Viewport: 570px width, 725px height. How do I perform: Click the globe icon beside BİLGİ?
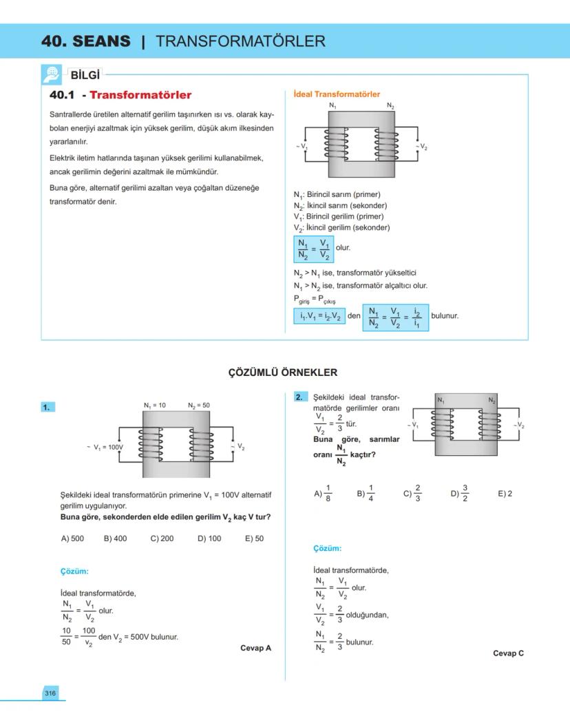coord(52,74)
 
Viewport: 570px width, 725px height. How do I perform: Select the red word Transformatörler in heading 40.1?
coord(140,95)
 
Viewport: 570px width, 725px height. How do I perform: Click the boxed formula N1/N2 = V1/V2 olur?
coord(314,249)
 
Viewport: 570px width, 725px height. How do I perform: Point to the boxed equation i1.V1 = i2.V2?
coord(319,316)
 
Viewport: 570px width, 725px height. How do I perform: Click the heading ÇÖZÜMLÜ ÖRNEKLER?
coord(283,372)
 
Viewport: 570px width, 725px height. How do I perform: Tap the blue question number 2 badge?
coord(299,397)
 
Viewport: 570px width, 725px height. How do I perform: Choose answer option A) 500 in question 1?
coord(72,538)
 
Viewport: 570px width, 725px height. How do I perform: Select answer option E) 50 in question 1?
coord(254,538)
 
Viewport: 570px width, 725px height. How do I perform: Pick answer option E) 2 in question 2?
coord(505,494)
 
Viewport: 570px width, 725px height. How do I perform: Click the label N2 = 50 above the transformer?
coord(199,406)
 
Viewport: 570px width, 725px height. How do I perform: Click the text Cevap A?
coord(256,648)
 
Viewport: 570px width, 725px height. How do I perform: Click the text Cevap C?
coord(508,653)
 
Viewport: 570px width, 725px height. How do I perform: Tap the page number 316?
coord(50,693)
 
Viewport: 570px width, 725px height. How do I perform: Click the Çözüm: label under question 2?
coord(327,549)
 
